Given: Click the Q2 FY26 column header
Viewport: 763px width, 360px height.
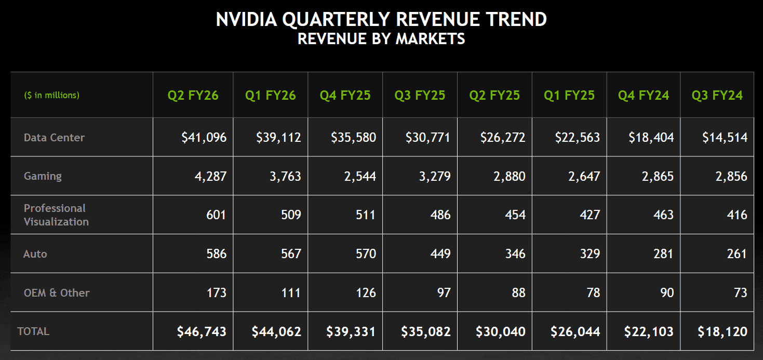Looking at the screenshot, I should coord(193,96).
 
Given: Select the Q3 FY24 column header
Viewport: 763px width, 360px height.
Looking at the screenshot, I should coord(717,96).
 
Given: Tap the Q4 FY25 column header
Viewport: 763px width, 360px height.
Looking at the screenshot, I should coord(345,96).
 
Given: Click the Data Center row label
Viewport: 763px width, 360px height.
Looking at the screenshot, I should coord(54,138).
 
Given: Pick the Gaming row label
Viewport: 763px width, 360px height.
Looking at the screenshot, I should coord(43,176).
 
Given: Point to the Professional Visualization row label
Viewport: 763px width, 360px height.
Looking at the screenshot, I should coord(56,215).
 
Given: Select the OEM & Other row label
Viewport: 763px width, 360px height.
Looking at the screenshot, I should coord(57,292).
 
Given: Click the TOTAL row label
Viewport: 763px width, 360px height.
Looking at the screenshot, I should coord(33,331).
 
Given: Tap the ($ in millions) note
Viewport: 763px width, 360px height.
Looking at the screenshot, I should coord(51,96).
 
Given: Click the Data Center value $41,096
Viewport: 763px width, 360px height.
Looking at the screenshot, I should coord(204,138).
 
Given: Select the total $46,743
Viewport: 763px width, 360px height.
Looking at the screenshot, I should coord(202,331).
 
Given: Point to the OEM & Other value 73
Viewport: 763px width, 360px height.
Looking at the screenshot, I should coord(741,292).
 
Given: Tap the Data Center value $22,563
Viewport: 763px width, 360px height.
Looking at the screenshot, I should coord(577,138).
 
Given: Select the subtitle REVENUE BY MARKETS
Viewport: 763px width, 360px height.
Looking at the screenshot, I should coord(381,38).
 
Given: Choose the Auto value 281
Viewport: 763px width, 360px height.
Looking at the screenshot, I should coord(664,254).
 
